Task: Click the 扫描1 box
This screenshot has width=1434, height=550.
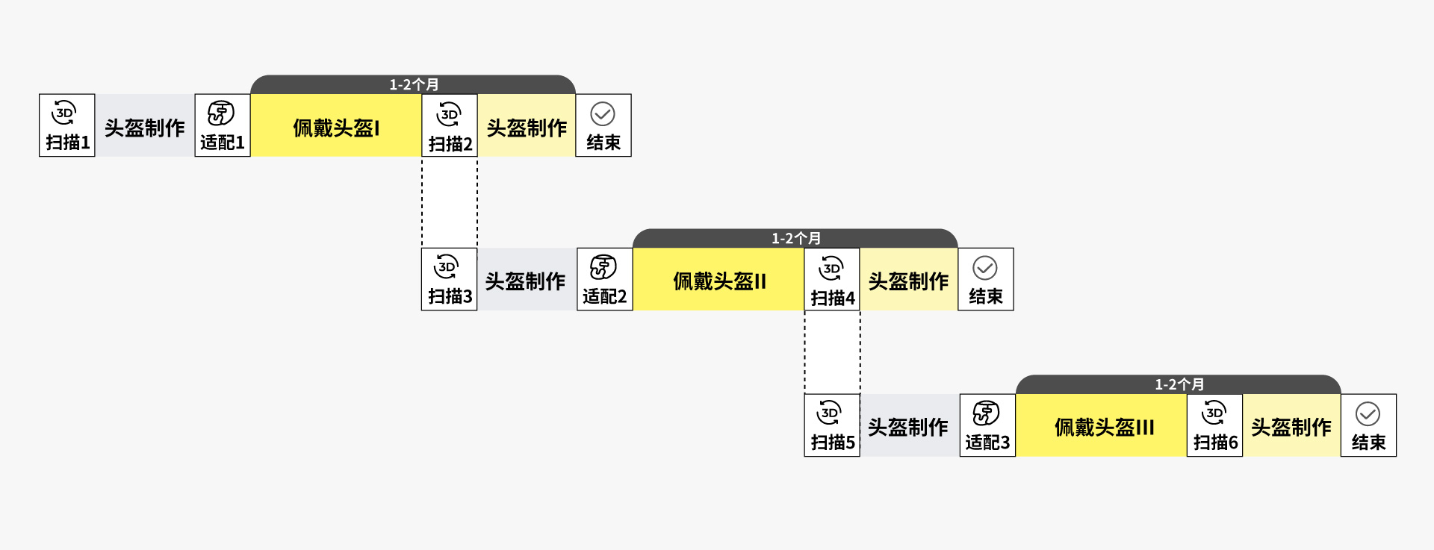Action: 67,125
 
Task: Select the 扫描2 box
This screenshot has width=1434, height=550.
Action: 450,125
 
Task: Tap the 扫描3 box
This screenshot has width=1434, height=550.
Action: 450,279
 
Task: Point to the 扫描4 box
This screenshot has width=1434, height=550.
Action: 832,279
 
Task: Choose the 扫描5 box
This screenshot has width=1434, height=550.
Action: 832,425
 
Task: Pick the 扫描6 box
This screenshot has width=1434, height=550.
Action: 1214,425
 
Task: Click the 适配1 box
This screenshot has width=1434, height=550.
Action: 223,125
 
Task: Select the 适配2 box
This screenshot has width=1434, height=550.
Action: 605,279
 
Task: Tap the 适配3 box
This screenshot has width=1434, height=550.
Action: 987,425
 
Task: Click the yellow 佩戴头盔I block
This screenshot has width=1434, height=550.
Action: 336,125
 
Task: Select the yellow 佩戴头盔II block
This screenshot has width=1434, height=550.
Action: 718,279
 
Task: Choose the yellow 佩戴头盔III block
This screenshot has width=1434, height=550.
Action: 1102,425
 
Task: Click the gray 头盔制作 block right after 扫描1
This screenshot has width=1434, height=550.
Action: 145,125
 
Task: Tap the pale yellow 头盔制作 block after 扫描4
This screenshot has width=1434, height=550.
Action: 909,279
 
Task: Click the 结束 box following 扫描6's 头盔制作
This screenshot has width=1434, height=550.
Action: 1368,425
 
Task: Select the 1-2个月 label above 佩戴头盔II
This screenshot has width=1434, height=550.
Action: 796,238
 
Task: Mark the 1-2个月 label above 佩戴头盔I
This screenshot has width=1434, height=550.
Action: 414,84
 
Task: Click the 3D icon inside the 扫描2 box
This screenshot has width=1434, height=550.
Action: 449,114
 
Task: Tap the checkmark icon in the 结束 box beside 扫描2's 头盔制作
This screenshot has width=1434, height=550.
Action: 603,114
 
